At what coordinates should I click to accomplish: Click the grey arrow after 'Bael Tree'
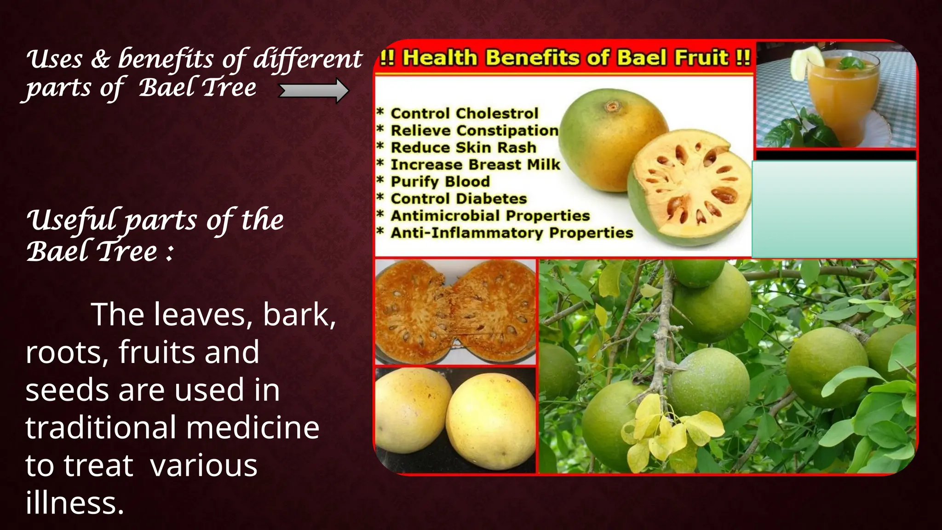coord(314,91)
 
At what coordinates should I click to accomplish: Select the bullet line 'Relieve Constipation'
coord(474,130)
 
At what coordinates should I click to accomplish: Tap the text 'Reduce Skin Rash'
coord(463,147)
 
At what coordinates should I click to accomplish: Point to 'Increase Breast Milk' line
coord(475,164)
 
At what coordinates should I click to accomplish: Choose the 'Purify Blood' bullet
coord(440,181)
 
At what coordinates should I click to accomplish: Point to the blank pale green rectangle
coord(834,209)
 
